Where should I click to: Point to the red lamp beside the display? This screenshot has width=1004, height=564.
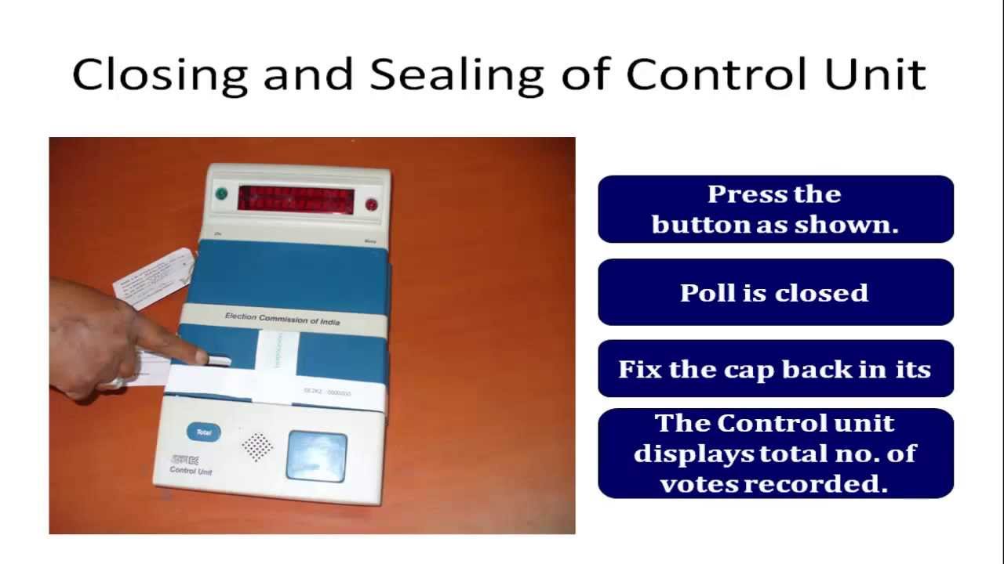[371, 205]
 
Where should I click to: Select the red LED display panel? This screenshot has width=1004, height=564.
[296, 199]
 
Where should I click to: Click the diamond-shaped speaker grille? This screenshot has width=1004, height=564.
[256, 446]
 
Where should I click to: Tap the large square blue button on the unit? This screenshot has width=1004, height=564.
[316, 456]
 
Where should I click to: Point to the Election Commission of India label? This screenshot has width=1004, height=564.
[282, 319]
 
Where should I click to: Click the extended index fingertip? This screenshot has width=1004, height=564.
[202, 358]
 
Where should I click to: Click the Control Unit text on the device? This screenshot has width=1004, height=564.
[191, 470]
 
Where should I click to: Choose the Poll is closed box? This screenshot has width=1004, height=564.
[775, 292]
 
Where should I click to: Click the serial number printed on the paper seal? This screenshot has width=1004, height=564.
[327, 392]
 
